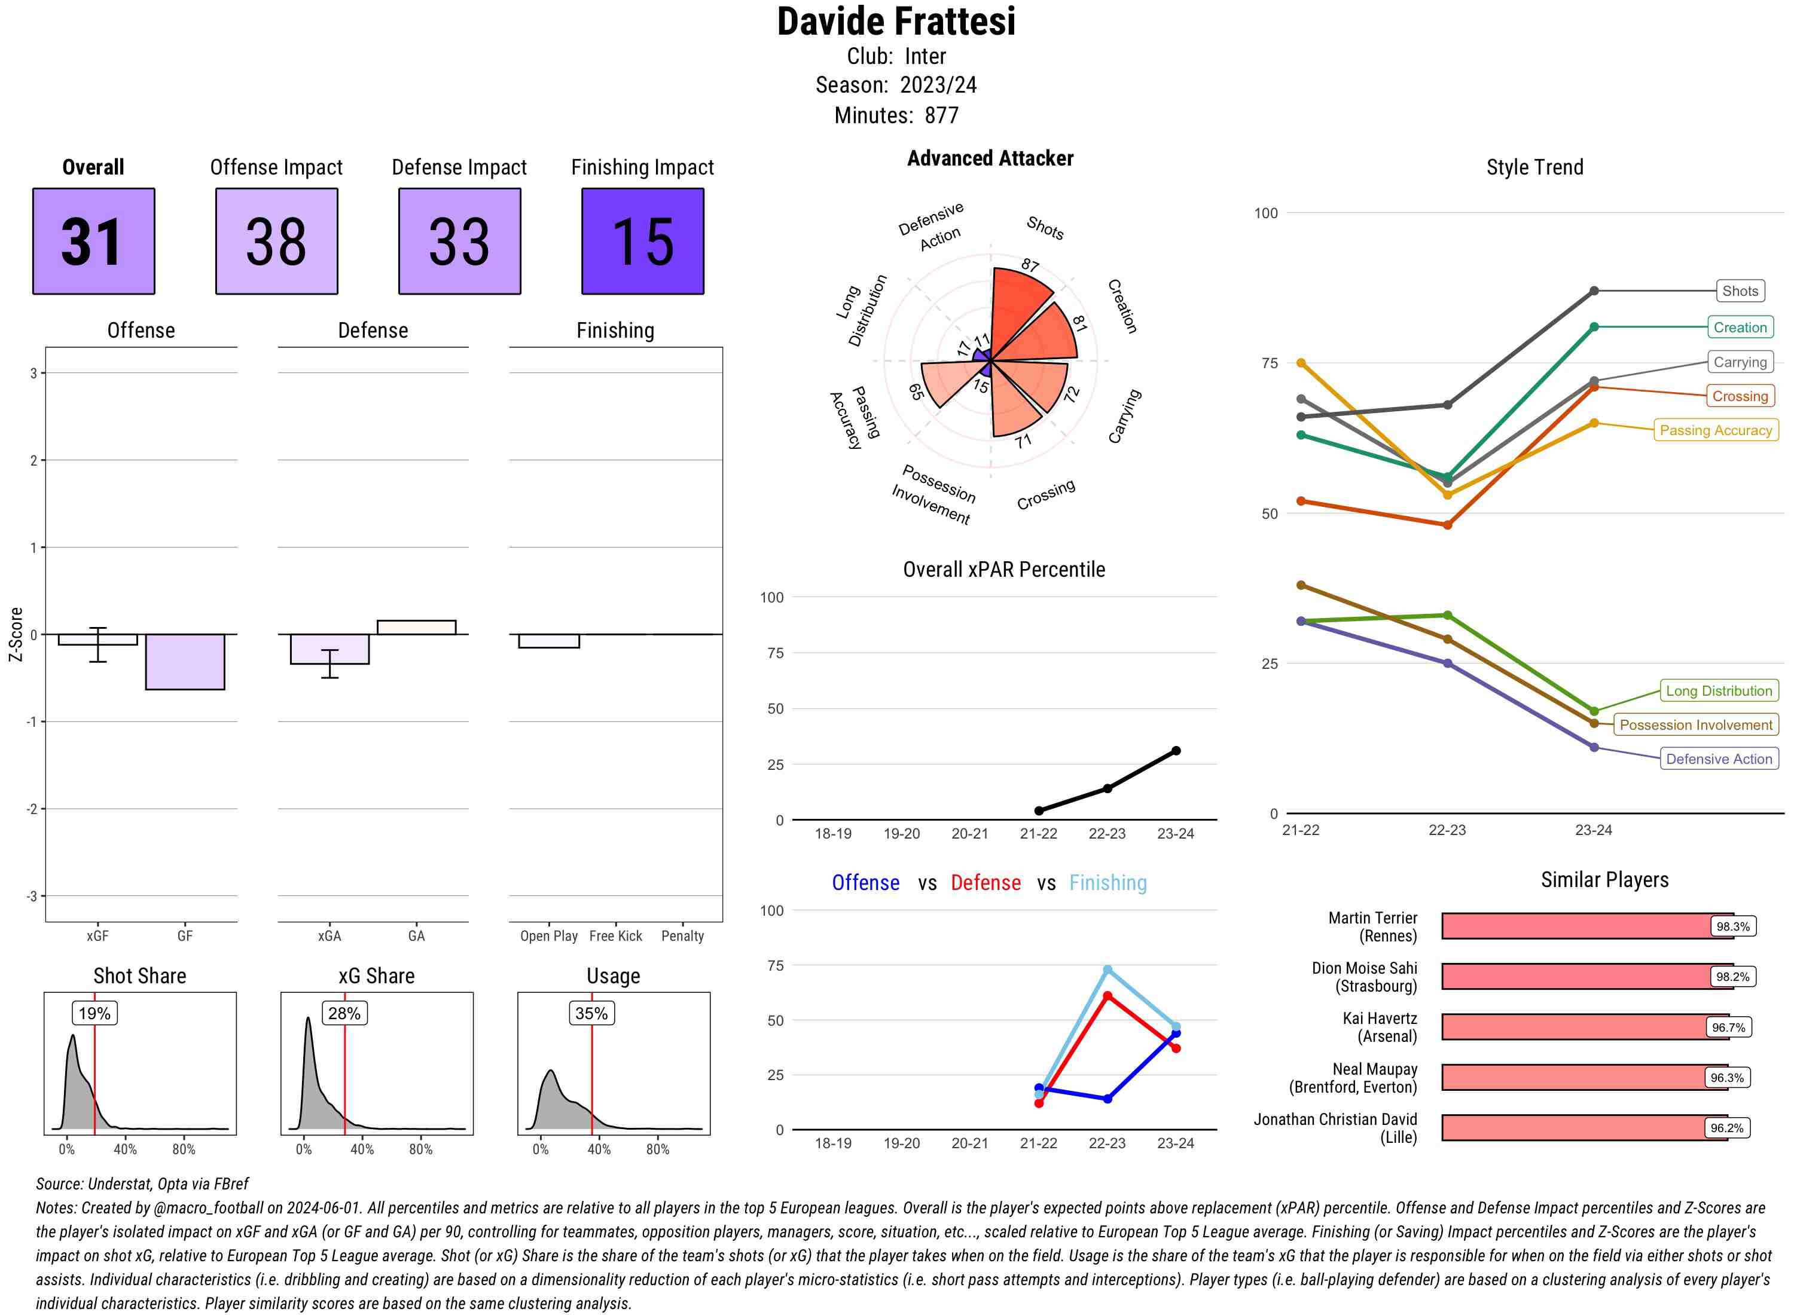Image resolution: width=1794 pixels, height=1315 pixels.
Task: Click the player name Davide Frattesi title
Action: click(x=896, y=22)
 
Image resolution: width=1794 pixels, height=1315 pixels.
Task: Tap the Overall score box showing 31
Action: click(x=94, y=241)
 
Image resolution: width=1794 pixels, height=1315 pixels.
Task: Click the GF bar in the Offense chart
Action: click(x=185, y=662)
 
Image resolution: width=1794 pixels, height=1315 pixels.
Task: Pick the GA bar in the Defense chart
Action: click(x=416, y=627)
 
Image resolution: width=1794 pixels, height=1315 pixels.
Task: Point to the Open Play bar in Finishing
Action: click(x=548, y=641)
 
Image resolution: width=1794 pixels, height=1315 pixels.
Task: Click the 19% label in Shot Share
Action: click(x=94, y=1013)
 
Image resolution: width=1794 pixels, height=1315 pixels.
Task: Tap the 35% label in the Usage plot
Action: click(x=591, y=1013)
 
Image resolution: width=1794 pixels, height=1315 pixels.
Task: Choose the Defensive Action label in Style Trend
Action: click(x=1719, y=759)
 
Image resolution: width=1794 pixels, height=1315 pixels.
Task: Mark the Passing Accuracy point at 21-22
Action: click(x=1301, y=363)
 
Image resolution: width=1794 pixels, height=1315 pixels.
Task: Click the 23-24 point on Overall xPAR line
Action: click(x=1175, y=751)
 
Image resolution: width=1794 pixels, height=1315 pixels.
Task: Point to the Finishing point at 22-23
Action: click(x=1107, y=970)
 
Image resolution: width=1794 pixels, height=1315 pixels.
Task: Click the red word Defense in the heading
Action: click(x=985, y=883)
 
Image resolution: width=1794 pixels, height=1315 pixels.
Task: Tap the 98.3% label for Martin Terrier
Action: click(x=1732, y=926)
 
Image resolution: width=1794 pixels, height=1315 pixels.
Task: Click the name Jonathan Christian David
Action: click(x=1335, y=1119)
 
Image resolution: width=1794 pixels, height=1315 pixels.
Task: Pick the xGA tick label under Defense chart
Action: click(x=329, y=936)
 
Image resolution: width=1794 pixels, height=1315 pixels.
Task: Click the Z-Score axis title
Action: click(x=15, y=634)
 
